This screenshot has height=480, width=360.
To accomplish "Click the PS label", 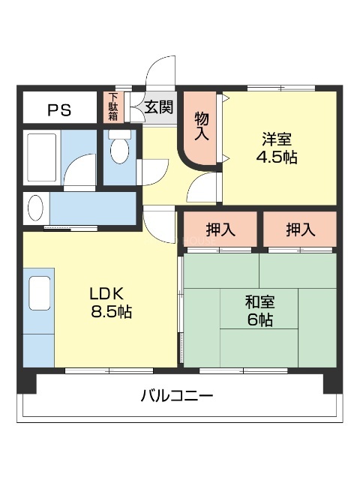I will click(59, 110).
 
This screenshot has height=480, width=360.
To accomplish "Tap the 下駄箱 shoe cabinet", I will click(112, 107).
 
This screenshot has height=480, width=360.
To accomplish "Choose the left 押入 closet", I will click(220, 229).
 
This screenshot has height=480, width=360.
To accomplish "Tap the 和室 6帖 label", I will click(259, 311).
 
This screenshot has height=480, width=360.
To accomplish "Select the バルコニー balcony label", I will click(177, 395).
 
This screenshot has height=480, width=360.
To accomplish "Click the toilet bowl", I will click(118, 150).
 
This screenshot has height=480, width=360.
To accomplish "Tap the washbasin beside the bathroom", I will click(36, 206).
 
